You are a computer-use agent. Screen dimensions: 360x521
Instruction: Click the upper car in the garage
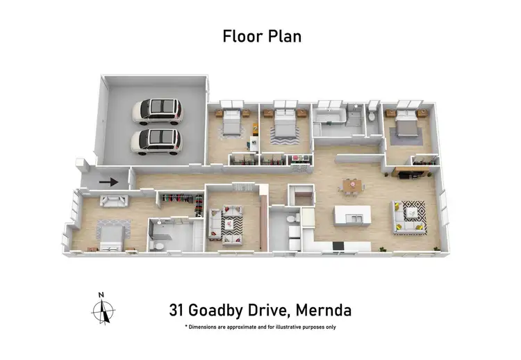pos(156,110)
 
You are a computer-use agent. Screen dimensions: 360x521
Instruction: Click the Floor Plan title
pos(261,36)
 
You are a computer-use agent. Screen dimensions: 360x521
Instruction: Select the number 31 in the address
pos(179,309)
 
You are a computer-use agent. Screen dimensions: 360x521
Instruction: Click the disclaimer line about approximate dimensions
pos(260,327)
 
